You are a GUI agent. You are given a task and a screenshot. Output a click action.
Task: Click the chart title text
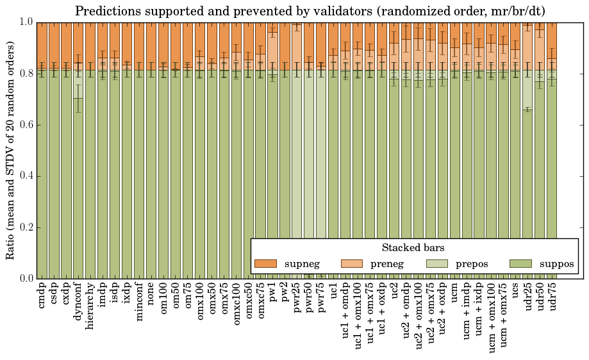310,11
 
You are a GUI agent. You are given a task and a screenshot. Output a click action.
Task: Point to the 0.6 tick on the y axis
26,125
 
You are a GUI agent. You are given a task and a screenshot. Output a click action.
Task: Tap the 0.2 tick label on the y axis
26,227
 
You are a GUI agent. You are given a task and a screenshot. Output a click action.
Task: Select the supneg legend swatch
265,264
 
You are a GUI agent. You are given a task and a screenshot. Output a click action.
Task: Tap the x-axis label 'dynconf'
78,301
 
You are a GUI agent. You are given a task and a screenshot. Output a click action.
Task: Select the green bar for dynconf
78,192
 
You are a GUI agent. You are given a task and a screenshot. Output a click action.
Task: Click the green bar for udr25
527,192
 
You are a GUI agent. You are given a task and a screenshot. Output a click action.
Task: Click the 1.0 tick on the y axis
26,22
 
